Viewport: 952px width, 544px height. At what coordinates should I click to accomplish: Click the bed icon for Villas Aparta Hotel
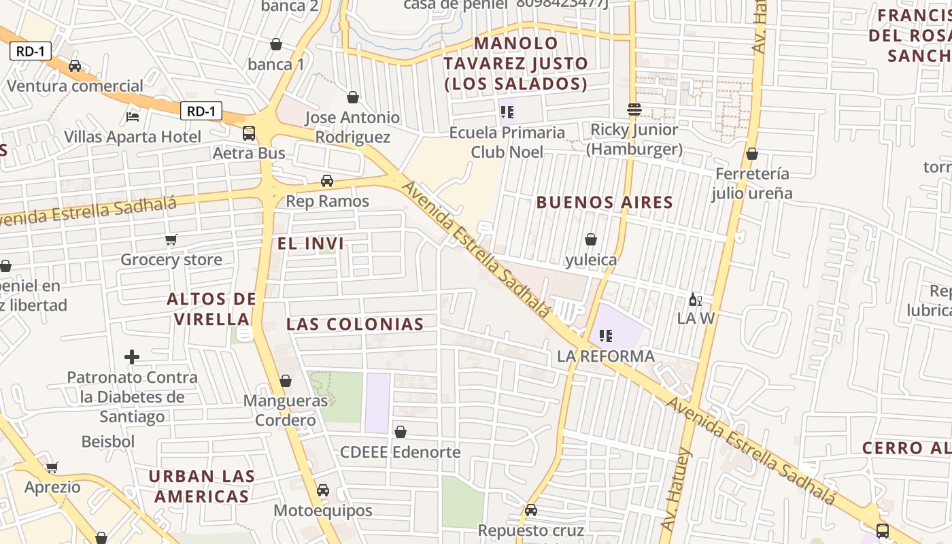tap(133, 117)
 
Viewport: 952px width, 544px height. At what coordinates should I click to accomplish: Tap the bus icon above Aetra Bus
tap(249, 133)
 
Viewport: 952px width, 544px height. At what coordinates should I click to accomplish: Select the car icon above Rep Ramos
tap(327, 181)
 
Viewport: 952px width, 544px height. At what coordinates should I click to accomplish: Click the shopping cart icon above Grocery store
tap(171, 239)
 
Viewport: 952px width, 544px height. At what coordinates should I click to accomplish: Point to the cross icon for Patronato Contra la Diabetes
tap(132, 356)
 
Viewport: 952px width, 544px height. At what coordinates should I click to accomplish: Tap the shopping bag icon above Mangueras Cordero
tap(286, 381)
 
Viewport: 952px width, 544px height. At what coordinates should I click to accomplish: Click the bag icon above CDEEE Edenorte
tap(401, 432)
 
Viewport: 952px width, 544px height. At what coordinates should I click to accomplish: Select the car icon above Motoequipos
tap(323, 490)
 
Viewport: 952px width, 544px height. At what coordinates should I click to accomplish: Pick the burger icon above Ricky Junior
tap(634, 109)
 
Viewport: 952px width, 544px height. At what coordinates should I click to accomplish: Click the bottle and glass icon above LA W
tap(696, 299)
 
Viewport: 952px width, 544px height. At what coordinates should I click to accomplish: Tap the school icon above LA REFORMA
tap(606, 335)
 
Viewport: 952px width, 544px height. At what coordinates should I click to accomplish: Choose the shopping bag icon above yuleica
tap(591, 239)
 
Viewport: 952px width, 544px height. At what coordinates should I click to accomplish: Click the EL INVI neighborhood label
tap(311, 243)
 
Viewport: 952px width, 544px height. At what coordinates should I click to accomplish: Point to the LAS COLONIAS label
tap(355, 324)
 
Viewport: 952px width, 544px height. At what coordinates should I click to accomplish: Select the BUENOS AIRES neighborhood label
tap(605, 202)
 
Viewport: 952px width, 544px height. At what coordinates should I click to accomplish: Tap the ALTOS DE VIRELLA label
tap(211, 308)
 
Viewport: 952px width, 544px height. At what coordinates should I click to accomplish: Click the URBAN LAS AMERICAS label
tap(201, 486)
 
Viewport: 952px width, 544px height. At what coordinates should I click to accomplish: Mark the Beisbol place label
tap(108, 441)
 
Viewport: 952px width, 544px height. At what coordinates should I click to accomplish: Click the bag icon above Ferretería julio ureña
tap(752, 154)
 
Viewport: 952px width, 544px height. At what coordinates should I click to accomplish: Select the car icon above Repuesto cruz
tap(531, 510)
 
